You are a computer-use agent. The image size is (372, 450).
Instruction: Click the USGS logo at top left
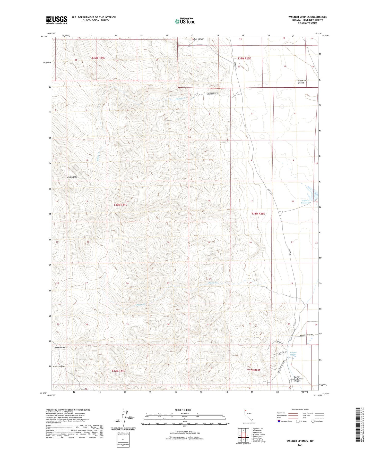(x=57, y=20)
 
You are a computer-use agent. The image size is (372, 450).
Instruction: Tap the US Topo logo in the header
(x=185, y=21)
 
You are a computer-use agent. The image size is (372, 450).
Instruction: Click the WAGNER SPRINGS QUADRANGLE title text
(x=307, y=17)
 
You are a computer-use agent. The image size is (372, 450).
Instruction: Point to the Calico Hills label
(x=72, y=177)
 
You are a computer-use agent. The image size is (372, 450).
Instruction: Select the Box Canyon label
(x=199, y=39)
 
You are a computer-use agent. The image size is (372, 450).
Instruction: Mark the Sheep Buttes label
(x=59, y=348)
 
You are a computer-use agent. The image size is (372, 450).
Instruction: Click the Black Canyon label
(x=58, y=366)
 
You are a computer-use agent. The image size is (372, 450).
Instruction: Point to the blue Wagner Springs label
(x=293, y=354)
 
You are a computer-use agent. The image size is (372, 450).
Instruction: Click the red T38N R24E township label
(x=120, y=205)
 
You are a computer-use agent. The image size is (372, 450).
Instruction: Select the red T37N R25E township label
(x=254, y=370)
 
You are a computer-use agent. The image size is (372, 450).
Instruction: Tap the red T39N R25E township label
(x=244, y=59)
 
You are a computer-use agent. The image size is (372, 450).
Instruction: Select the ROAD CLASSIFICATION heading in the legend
(x=300, y=410)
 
